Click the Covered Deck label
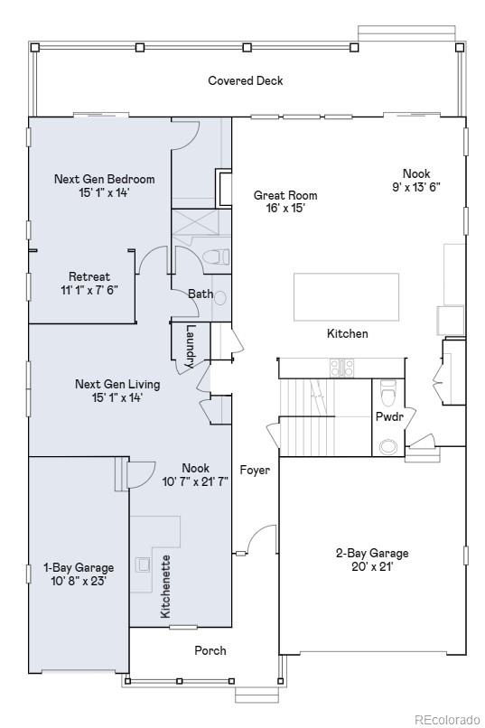tap(245, 80)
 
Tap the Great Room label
tap(285, 195)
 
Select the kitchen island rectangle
tap(346, 297)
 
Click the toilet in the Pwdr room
tap(388, 392)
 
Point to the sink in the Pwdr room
tap(388, 446)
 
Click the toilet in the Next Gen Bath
tap(216, 257)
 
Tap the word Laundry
tap(191, 346)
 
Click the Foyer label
tap(255, 471)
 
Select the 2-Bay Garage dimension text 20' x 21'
tap(372, 567)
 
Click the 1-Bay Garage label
tap(79, 568)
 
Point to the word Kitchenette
tap(165, 586)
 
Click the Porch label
tap(210, 650)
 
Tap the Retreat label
tap(89, 276)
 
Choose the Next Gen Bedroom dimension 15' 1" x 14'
tap(104, 192)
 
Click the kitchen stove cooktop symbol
tap(342, 369)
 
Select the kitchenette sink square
tap(142, 565)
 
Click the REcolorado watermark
tap(446, 719)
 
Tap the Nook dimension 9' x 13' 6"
tap(416, 187)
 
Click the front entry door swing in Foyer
tap(261, 539)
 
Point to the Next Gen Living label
tap(117, 385)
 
